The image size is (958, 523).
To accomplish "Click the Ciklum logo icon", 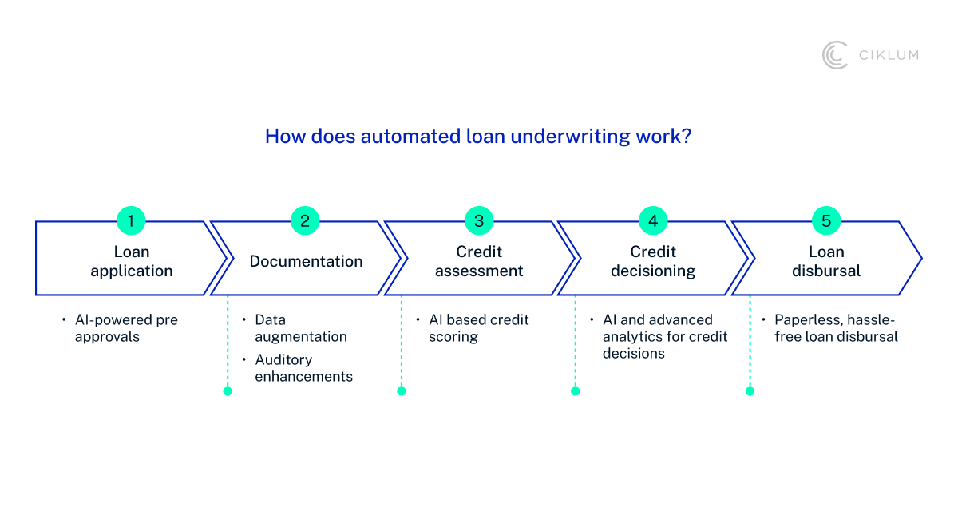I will click(x=835, y=55).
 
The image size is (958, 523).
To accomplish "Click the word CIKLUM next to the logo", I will click(x=888, y=55).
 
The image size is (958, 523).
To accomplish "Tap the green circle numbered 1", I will click(x=131, y=221).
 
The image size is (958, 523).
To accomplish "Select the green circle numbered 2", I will click(x=305, y=221).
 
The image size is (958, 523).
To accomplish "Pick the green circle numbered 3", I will click(x=479, y=221).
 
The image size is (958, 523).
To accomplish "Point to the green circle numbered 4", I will click(x=653, y=221).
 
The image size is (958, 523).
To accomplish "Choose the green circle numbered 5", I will click(x=826, y=221).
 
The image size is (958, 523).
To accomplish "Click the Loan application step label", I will click(x=131, y=261).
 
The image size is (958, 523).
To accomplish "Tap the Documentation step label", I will click(x=306, y=261).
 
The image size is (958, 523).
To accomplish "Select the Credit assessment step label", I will click(x=479, y=261).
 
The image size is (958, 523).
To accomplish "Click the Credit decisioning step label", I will click(x=653, y=261).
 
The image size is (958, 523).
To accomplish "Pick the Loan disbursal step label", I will click(x=826, y=261).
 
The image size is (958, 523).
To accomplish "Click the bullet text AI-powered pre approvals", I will click(x=126, y=328).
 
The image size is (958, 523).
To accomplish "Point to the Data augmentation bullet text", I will click(x=301, y=328).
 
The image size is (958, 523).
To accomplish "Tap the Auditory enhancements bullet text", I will click(x=303, y=368).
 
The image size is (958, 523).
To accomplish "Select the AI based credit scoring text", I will click(x=478, y=328).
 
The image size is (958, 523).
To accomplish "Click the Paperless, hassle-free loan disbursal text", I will click(x=836, y=328).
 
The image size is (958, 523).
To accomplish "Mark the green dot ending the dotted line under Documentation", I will click(x=228, y=391).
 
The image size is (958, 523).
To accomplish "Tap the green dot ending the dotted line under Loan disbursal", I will click(x=750, y=391).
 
